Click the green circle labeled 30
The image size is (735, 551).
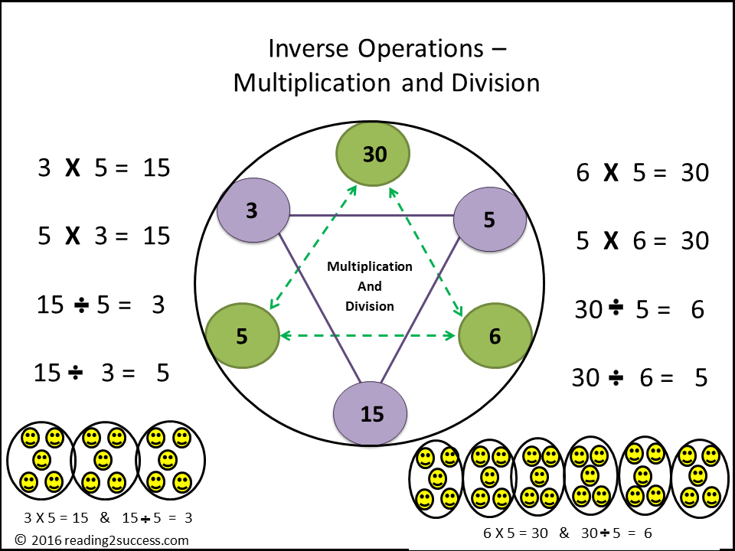(x=374, y=155)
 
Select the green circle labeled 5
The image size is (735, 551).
(x=242, y=336)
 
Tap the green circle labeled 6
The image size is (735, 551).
(x=495, y=336)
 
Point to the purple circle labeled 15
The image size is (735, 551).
(x=371, y=414)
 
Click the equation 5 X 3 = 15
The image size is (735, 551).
(x=103, y=236)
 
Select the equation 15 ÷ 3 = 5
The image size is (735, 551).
(x=102, y=373)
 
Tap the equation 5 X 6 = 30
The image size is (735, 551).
(x=642, y=241)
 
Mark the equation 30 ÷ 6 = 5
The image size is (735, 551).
(x=639, y=377)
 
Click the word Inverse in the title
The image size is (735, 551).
(x=304, y=49)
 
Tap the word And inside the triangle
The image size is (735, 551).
(x=370, y=286)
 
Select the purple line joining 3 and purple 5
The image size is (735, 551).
(x=371, y=215)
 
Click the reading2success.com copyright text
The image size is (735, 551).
(x=101, y=540)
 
